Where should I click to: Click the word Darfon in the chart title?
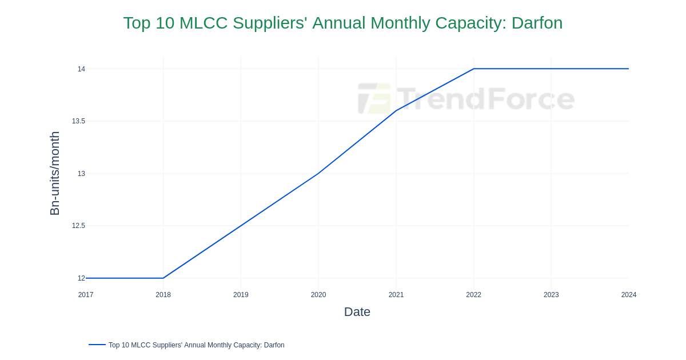pos(537,23)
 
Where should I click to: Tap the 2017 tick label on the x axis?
pos(86,295)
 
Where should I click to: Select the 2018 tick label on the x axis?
pos(163,295)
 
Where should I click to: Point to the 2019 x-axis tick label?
pos(241,295)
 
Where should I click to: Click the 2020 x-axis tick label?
pos(318,295)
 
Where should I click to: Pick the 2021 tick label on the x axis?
pos(396,295)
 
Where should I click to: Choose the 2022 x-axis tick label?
pos(473,295)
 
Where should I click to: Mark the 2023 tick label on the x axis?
pos(551,295)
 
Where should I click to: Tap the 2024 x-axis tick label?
pos(629,295)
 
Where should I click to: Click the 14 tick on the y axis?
pos(81,69)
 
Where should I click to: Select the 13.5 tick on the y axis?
pos(78,121)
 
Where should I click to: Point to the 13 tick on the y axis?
pos(81,174)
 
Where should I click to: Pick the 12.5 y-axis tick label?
pos(78,226)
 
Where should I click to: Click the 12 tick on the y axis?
pos(81,278)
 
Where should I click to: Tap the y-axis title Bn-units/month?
pos(55,173)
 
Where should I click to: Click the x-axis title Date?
pos(357,312)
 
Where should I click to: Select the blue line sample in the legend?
pos(97,345)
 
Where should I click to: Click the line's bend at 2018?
pos(163,278)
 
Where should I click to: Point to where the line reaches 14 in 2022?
pos(474,69)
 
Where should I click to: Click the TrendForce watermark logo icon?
pos(374,98)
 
